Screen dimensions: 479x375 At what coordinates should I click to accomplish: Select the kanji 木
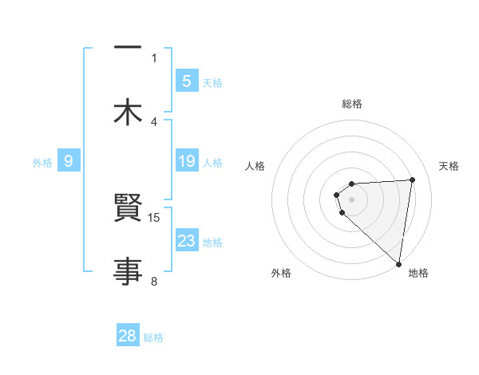click(x=127, y=112)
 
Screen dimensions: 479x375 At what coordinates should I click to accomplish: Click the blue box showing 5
click(x=186, y=81)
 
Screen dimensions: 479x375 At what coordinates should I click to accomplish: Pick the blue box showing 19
click(x=186, y=161)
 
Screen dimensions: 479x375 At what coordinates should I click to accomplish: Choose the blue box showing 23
click(x=186, y=241)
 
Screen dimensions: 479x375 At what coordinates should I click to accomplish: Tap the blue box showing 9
click(x=69, y=161)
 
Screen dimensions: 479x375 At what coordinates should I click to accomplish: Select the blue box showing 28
click(x=128, y=335)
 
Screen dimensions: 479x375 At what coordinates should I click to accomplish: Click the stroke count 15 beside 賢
click(x=155, y=217)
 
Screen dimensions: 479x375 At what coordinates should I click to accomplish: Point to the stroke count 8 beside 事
click(x=154, y=281)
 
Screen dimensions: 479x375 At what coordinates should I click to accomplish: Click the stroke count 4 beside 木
click(x=154, y=122)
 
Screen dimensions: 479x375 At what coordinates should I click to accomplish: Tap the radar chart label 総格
click(x=352, y=104)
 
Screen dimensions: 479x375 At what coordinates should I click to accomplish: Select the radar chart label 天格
click(x=449, y=166)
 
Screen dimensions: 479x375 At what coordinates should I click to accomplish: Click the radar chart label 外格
click(x=281, y=273)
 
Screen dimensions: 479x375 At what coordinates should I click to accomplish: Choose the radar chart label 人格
click(x=255, y=166)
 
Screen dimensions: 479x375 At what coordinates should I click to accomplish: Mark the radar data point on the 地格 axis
click(x=398, y=263)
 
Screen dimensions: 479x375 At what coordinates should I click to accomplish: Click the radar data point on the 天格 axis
click(x=412, y=180)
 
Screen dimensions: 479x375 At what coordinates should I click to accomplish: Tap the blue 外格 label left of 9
click(x=42, y=163)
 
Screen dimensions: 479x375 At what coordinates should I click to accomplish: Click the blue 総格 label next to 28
click(x=153, y=337)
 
